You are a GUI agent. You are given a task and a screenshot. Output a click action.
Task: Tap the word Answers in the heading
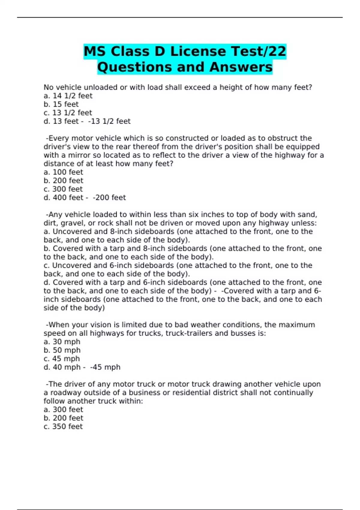tap(241, 67)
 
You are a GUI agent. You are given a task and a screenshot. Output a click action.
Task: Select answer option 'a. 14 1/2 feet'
tap(68, 96)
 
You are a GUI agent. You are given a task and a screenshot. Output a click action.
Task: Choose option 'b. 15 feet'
tap(61, 104)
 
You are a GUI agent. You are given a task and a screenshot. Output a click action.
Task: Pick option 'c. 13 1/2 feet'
tap(68, 112)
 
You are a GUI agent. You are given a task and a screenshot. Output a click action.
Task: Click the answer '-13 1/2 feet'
tap(109, 121)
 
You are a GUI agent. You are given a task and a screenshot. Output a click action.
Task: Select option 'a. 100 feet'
tap(63, 172)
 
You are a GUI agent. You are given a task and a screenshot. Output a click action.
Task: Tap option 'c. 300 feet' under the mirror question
tap(63, 189)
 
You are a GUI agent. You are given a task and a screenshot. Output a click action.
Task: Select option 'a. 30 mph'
tap(62, 342)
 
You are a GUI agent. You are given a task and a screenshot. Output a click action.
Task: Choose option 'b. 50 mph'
tap(62, 350)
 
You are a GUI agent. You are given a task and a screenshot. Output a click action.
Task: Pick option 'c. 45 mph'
tap(62, 358)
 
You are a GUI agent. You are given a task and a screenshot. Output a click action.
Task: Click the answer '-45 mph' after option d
tap(105, 367)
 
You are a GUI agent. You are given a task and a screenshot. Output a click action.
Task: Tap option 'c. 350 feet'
tap(63, 426)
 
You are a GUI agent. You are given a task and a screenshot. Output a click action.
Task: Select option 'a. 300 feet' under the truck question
tap(63, 409)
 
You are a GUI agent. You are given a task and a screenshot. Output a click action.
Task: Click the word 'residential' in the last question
tap(186, 392)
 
